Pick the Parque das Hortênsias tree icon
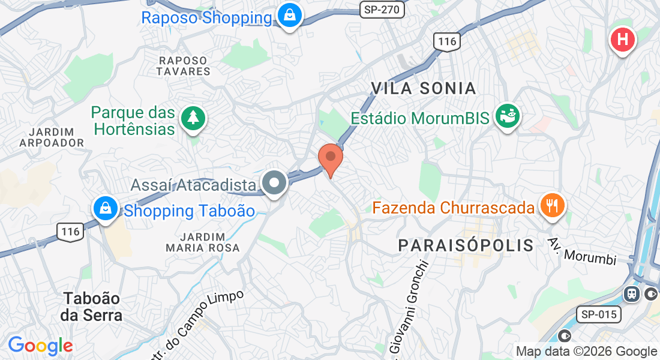coord(193,118)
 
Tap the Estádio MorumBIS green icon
coord(508,116)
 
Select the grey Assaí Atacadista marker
coord(275,183)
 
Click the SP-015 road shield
coord(601,314)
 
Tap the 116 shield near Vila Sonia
coord(447,41)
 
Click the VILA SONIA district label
coord(423,88)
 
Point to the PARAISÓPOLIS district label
coord(466,245)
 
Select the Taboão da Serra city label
coord(92,307)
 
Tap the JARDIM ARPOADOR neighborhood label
coord(52,137)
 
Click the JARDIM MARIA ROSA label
coord(203,242)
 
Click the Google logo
coord(40,346)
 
